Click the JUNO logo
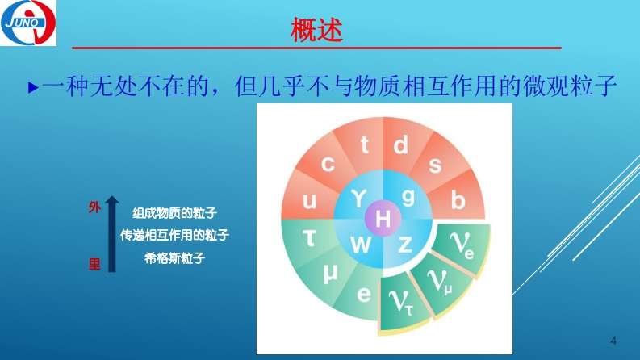click(x=28, y=23)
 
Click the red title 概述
click(x=316, y=29)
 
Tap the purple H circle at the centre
click(x=383, y=219)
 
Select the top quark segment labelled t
click(x=364, y=145)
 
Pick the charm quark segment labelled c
click(x=328, y=163)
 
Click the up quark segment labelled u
click(x=309, y=200)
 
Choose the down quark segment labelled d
click(x=401, y=145)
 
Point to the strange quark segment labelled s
click(x=436, y=164)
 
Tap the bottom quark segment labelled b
click(x=458, y=200)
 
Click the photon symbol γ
click(x=359, y=199)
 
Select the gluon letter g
click(x=408, y=198)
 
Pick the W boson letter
click(x=361, y=245)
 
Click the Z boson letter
click(x=405, y=245)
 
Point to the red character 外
click(x=94, y=207)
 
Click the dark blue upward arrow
click(x=112, y=234)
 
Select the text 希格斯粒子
click(x=174, y=258)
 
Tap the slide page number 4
click(x=613, y=341)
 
